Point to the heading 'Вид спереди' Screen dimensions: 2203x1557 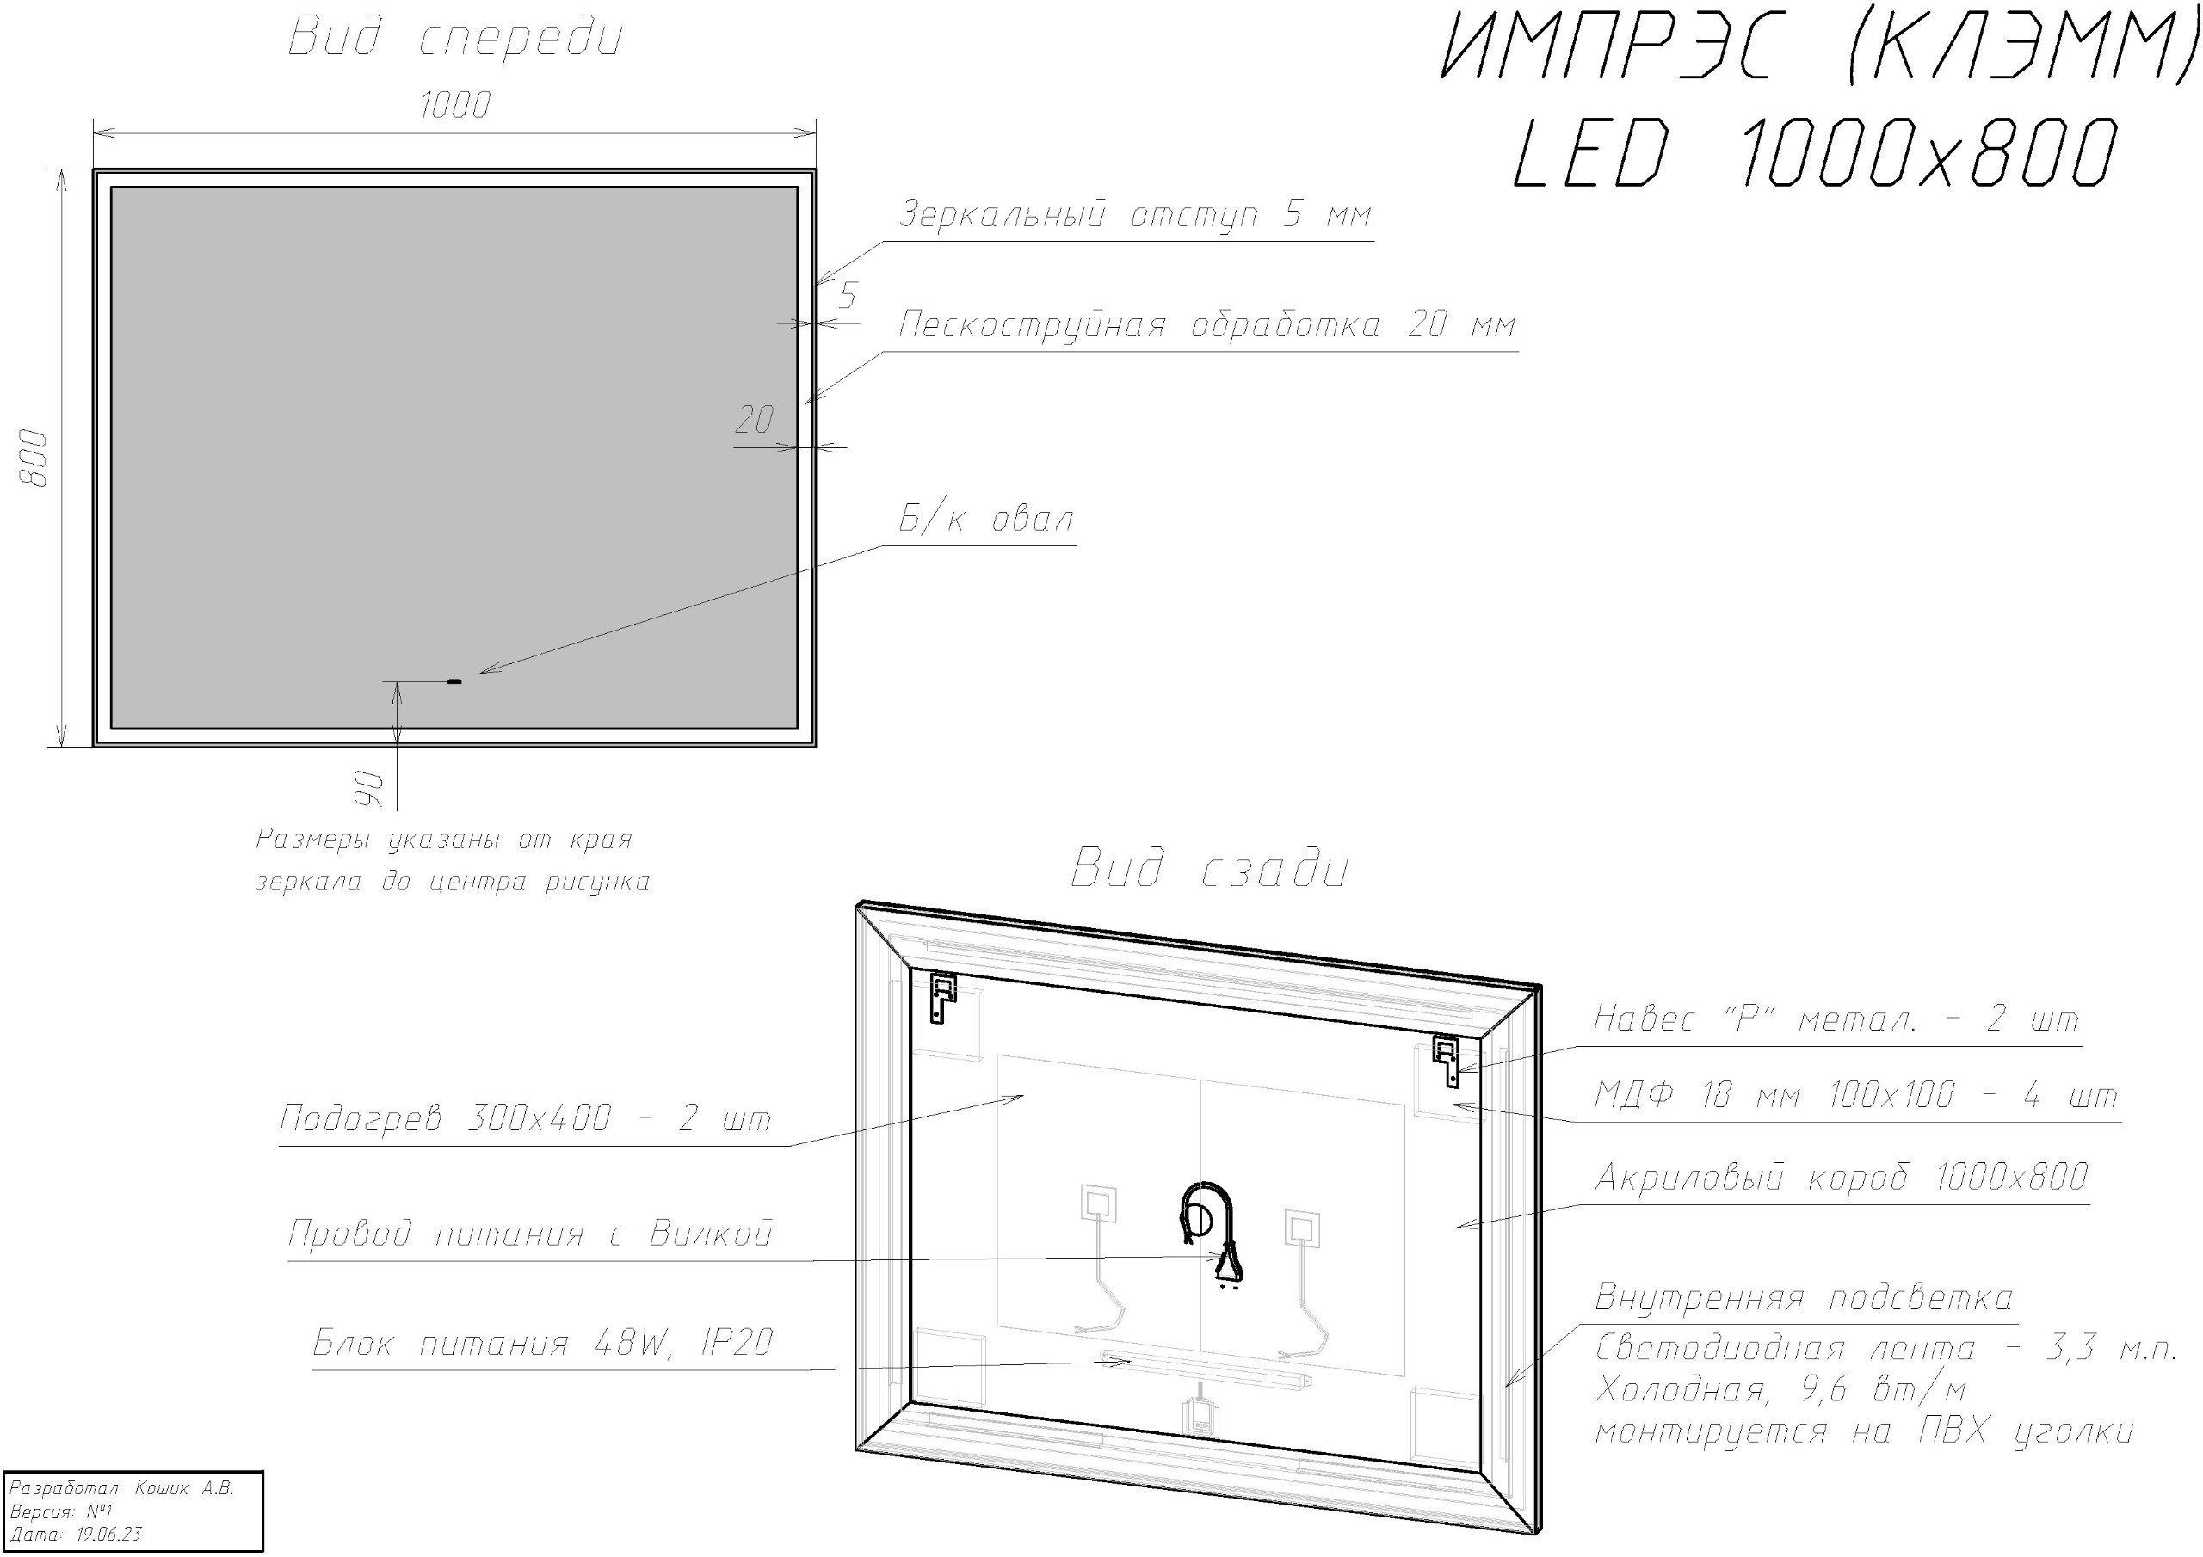point(456,39)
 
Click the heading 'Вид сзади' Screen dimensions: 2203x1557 point(1210,869)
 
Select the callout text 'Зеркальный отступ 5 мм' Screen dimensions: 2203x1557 point(1135,215)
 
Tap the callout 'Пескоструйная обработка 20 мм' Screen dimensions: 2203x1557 point(1208,325)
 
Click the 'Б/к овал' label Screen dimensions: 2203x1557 point(986,520)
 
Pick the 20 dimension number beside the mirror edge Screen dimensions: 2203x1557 point(754,419)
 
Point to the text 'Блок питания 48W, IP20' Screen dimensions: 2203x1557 point(543,1343)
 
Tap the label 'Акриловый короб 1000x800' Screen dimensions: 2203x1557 point(1842,1176)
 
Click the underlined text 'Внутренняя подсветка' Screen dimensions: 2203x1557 point(1804,1298)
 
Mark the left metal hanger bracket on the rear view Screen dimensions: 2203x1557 point(944,999)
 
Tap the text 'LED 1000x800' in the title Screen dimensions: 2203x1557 point(1814,152)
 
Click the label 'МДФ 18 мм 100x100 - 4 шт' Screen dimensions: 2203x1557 point(1855,1096)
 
